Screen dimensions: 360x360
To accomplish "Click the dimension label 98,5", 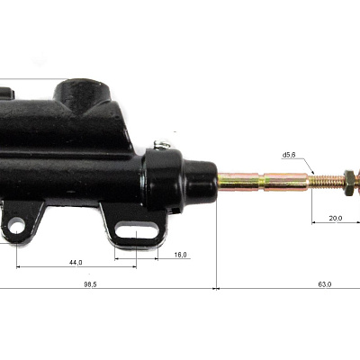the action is [90, 284].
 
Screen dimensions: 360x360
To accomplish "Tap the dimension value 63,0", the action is [325, 284].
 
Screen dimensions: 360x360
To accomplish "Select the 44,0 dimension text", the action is [76, 263].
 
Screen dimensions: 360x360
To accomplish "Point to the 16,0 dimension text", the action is [180, 255].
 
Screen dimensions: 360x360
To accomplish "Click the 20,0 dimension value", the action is [336, 218].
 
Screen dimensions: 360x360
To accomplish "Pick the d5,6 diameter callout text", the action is [289, 155].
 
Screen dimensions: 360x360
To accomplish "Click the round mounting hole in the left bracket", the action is [16, 226].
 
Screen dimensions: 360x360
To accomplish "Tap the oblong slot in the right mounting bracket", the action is [137, 230].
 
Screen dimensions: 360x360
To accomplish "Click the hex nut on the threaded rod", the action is [349, 183].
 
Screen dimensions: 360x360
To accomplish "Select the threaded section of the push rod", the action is [326, 181].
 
